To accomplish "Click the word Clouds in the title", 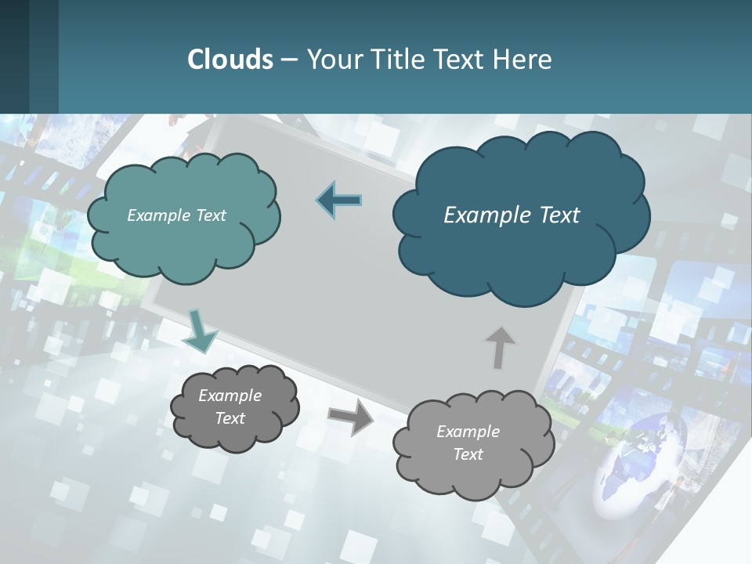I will click(230, 60).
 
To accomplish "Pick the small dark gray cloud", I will click(235, 407).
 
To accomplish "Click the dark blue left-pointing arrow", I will click(339, 201).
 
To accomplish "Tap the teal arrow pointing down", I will click(200, 331).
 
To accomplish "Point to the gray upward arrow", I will click(500, 347).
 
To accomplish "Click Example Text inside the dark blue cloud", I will click(512, 215).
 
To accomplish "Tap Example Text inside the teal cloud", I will click(176, 215).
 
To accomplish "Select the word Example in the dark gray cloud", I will click(230, 396).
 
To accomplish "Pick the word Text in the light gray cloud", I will click(468, 454).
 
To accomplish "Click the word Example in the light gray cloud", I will click(468, 432).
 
